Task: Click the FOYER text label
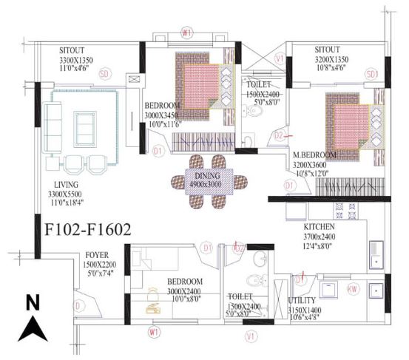point(98,255)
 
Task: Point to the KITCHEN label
point(320,226)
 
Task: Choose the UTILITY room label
point(302,301)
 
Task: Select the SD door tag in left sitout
point(104,73)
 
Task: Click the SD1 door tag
point(371,74)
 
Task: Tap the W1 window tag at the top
point(186,33)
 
